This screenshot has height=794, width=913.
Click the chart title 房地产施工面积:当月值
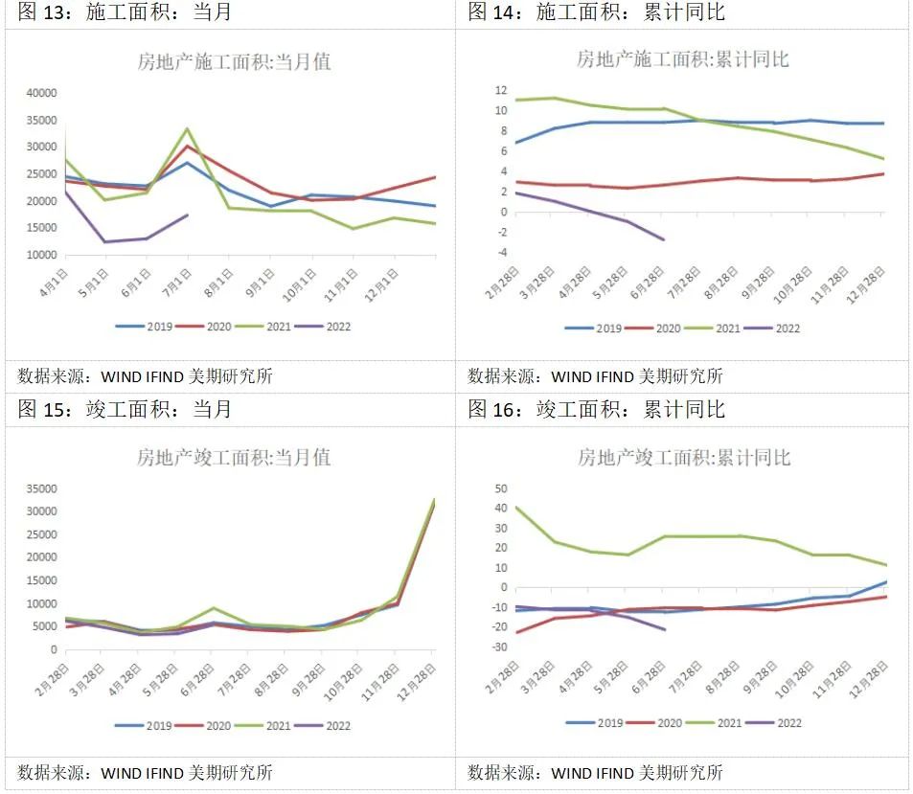click(235, 62)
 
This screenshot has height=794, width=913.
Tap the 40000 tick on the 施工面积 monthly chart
click(41, 93)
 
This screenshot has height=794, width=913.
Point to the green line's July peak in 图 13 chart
click(187, 128)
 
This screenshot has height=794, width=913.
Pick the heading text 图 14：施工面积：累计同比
click(596, 12)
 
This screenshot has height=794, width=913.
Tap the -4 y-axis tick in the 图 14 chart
click(499, 253)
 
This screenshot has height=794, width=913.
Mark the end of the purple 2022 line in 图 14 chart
click(663, 239)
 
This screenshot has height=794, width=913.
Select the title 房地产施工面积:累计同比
click(682, 59)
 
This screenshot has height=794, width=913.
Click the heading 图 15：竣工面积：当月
click(125, 410)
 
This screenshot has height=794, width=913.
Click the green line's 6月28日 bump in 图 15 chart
click(213, 608)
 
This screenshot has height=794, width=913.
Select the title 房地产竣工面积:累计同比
click(683, 458)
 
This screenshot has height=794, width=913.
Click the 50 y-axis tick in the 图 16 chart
click(499, 488)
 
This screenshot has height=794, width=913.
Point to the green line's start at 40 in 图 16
click(517, 508)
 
